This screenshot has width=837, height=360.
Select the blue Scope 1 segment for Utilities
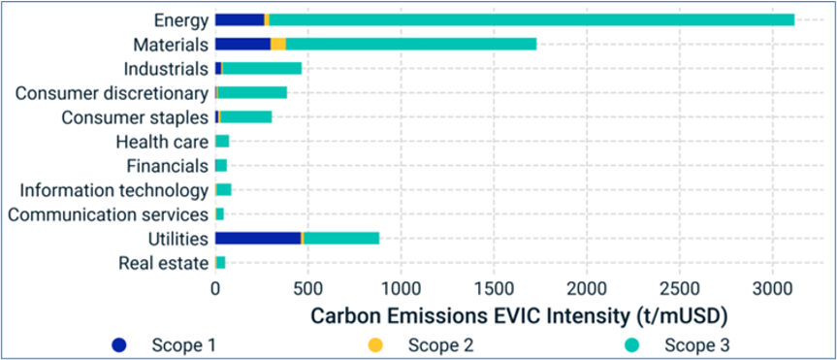257,238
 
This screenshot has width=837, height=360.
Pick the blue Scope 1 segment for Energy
239,19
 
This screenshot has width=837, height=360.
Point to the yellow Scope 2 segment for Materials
278,44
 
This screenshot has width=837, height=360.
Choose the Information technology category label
113,190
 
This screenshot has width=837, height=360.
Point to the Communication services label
108,214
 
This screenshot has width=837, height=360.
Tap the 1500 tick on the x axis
494,290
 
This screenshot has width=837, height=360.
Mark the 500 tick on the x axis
307,290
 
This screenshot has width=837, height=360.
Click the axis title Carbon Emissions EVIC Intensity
517,317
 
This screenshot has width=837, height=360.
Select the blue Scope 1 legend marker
119,344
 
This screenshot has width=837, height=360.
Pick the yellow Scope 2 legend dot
375,344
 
